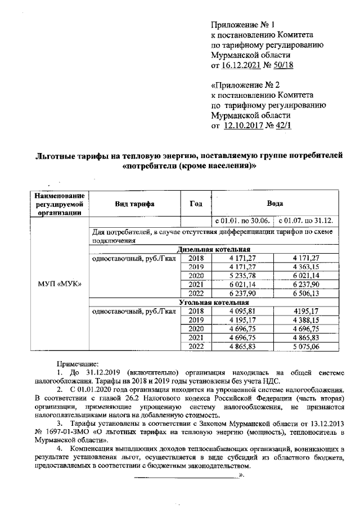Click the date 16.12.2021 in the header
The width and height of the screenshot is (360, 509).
click(x=243, y=66)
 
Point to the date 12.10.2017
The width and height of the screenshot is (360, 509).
click(x=245, y=126)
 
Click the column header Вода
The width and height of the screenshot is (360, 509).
click(x=274, y=204)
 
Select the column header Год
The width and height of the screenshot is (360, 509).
click(x=195, y=204)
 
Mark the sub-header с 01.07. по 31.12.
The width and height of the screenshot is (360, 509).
click(x=306, y=221)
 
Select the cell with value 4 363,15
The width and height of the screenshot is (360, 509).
click(x=306, y=266)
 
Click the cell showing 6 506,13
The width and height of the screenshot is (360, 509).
click(x=306, y=294)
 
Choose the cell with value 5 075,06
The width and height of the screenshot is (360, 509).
click(x=306, y=348)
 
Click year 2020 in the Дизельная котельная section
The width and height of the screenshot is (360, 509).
click(x=195, y=276)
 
